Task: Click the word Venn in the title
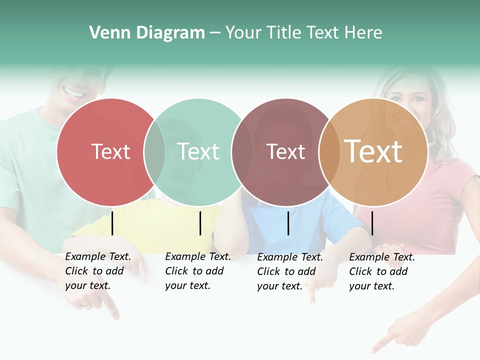click(x=107, y=33)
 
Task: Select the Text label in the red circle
click(x=110, y=151)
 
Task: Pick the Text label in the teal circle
click(x=198, y=151)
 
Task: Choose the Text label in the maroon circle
click(x=285, y=152)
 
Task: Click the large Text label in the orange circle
click(x=373, y=151)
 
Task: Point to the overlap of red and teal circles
click(x=154, y=152)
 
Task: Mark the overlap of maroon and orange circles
click(x=328, y=152)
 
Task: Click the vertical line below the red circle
click(x=112, y=223)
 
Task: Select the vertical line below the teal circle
click(x=200, y=223)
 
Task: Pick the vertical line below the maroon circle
click(x=288, y=223)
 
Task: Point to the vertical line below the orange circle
click(x=372, y=223)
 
